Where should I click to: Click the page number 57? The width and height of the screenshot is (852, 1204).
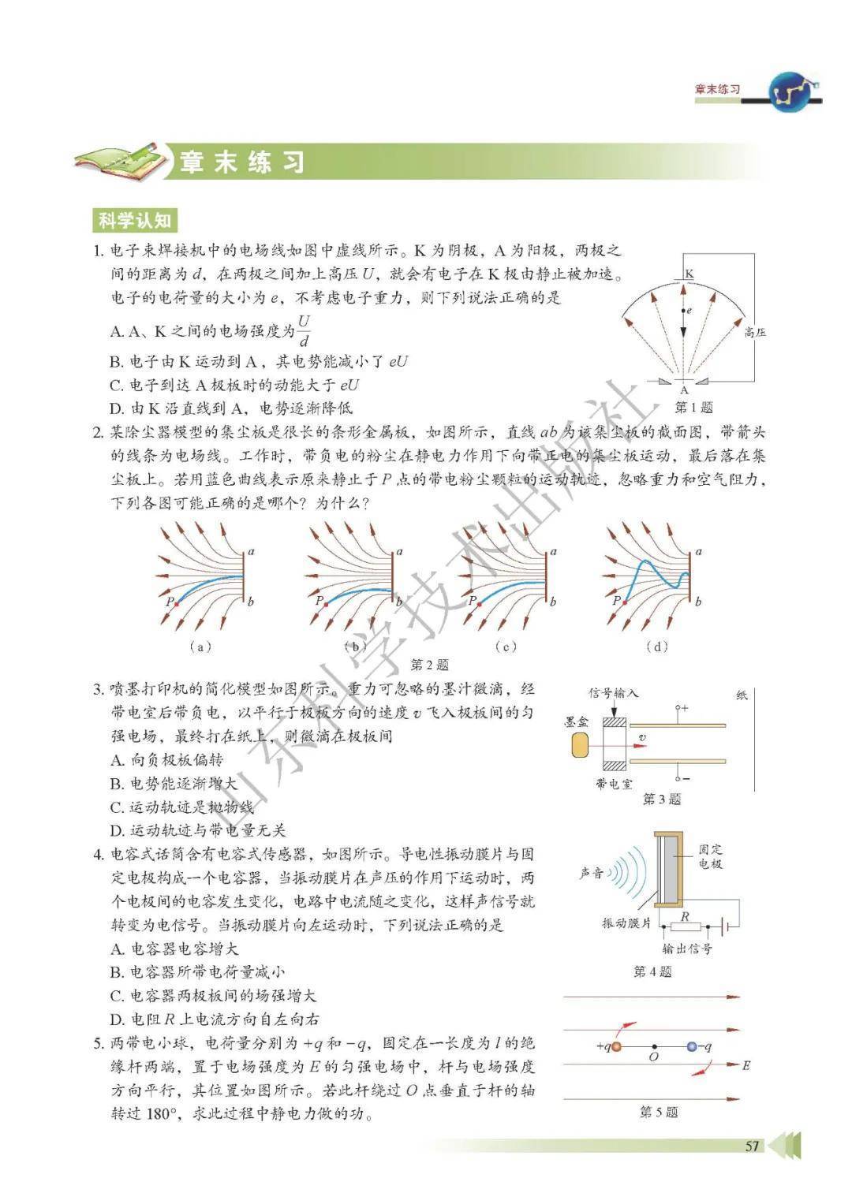point(752,1146)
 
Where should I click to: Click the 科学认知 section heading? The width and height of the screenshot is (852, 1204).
point(133,220)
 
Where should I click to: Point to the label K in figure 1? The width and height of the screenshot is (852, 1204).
point(689,274)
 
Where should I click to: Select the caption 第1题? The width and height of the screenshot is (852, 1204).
point(693,408)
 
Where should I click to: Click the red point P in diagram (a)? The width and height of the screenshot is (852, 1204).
point(176,603)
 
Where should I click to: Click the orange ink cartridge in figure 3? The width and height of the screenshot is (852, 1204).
point(578,745)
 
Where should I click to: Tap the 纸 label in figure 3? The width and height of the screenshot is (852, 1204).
point(742,695)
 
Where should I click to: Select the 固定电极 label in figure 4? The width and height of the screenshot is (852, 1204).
point(710,857)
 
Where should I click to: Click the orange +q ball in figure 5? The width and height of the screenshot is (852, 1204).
point(616,1046)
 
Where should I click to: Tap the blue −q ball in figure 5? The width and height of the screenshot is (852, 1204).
point(691,1046)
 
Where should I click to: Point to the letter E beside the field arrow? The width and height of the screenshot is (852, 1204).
point(745,1066)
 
